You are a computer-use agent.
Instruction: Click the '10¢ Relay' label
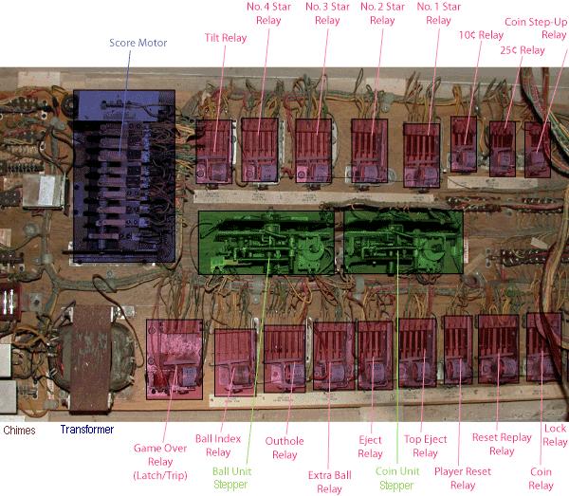click(480, 36)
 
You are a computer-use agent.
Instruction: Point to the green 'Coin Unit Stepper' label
click(396, 477)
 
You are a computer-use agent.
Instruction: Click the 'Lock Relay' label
click(555, 435)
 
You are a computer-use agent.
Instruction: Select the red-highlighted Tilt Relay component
click(213, 150)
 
